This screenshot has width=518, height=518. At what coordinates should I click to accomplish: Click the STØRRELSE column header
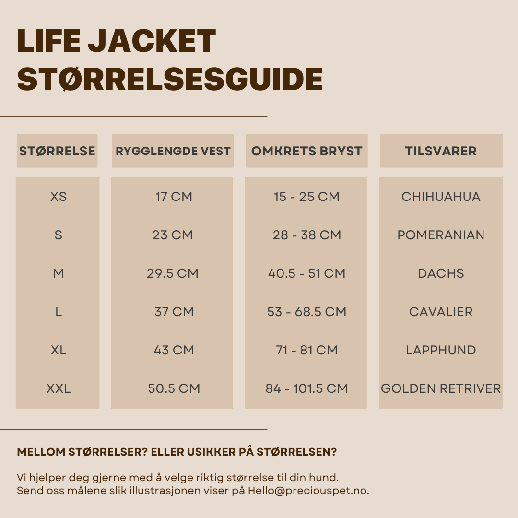click(57, 151)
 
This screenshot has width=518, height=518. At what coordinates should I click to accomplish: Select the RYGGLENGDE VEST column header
click(173, 151)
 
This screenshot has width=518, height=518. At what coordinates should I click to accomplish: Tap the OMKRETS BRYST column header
click(306, 151)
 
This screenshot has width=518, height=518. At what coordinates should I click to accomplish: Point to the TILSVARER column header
click(441, 151)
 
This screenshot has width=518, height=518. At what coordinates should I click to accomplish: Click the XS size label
click(59, 197)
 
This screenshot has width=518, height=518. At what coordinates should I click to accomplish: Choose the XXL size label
click(59, 388)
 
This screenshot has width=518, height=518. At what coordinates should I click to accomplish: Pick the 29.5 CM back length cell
click(173, 273)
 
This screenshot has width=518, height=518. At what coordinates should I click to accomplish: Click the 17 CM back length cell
click(174, 197)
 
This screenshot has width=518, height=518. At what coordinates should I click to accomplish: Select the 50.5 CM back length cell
click(174, 388)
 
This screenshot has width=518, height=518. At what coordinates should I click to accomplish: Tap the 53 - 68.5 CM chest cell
click(306, 312)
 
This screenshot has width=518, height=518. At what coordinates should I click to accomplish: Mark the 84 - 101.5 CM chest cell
click(306, 388)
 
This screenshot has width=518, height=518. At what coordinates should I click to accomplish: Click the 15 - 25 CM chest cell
click(306, 197)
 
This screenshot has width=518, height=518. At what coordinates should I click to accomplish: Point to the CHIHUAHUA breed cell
click(441, 197)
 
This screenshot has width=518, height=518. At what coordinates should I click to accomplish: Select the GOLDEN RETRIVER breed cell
click(441, 388)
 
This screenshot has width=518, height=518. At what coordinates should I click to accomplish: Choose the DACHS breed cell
click(441, 273)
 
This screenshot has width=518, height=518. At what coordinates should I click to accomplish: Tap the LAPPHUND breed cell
click(441, 350)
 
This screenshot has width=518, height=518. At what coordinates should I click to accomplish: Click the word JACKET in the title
click(152, 41)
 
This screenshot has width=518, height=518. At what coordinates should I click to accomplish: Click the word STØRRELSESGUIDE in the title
click(170, 79)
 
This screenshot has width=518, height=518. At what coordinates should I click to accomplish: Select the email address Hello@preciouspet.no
click(308, 491)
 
